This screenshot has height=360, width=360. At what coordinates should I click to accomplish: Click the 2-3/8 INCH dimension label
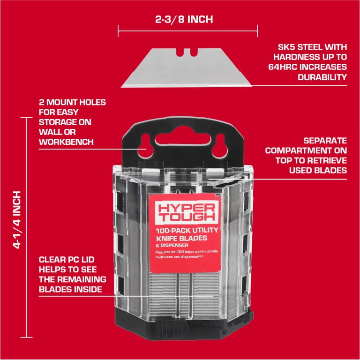184,19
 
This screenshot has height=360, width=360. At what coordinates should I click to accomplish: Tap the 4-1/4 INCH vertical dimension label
17,220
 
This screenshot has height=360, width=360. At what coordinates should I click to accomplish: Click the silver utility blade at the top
186,68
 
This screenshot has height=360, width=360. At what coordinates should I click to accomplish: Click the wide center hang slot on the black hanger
183,139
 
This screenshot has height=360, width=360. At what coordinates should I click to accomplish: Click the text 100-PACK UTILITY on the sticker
187,231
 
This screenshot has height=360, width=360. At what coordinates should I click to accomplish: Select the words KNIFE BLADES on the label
181,238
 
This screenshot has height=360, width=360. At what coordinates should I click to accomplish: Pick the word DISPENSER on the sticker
174,246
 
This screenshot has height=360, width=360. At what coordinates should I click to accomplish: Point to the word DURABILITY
322,77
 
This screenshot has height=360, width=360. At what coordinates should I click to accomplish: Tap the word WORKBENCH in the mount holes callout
66,142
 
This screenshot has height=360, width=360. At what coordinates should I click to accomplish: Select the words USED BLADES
318,170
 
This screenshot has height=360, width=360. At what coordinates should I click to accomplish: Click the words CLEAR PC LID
67,260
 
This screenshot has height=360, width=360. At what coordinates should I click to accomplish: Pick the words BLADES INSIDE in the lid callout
70,289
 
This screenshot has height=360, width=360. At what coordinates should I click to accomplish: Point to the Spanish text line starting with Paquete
187,252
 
